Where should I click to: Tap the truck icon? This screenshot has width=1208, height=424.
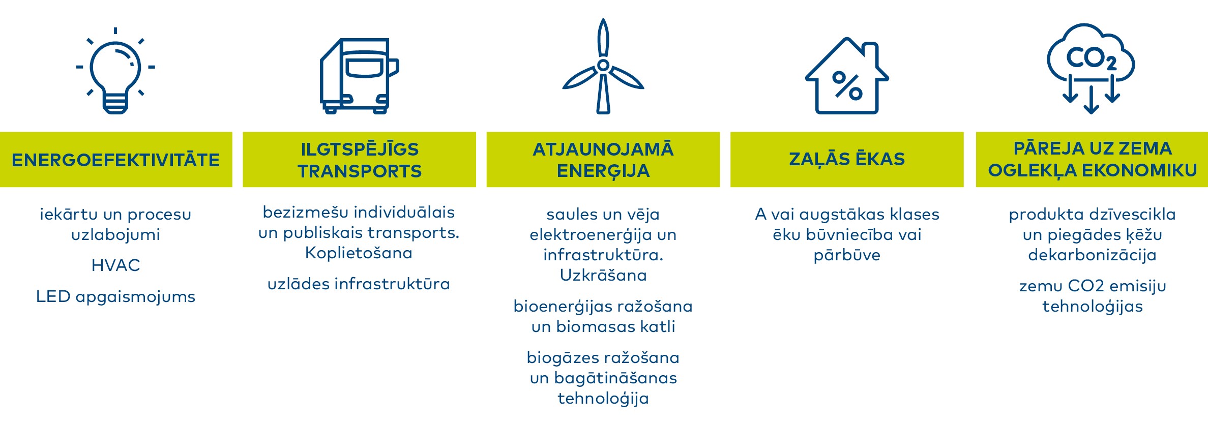tap(359, 76)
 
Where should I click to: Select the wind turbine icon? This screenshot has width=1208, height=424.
tap(603, 66)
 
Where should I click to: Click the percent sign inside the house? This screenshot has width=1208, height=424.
tap(847, 86)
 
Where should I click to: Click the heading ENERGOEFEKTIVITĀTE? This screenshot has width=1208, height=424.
tap(116, 160)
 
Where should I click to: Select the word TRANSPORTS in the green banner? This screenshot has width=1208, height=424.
tap(360, 171)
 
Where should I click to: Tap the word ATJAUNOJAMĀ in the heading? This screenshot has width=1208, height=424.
tap(603, 149)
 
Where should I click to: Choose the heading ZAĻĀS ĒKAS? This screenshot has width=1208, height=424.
tap(847, 159)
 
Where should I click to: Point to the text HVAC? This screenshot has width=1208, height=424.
tap(115, 265)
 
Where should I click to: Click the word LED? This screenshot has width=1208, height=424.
tap(53, 296)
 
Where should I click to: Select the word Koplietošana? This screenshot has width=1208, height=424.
tap(359, 253)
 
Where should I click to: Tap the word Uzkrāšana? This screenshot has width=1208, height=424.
tap(603, 275)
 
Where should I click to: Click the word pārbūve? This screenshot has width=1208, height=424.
tap(847, 255)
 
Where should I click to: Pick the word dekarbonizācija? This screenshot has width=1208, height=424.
tap(1092, 255)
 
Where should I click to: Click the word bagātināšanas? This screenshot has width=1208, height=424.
tap(615, 378)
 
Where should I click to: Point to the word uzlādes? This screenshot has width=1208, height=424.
tap(299, 284)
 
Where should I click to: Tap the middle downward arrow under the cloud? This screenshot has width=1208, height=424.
tap(1092, 100)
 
